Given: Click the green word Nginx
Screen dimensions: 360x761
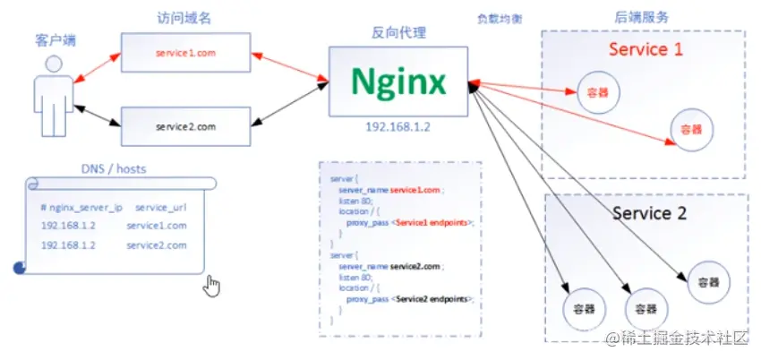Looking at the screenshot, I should coord(398,82).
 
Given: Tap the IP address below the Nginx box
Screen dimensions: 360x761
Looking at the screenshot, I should coord(398,127).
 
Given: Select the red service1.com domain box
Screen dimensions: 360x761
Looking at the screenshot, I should coord(185,52).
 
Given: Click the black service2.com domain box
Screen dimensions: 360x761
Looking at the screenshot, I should coord(185,127).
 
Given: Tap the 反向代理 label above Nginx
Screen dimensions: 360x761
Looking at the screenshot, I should coord(398,33).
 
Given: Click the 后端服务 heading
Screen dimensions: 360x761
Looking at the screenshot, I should coord(642,17).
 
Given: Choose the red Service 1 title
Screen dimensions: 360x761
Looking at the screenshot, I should coord(645,49).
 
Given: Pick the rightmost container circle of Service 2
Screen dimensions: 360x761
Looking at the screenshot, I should coord(709,281).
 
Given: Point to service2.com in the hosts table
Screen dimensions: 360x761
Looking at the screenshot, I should coord(157,245).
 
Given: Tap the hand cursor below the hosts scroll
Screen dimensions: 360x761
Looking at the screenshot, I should coord(211,286).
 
